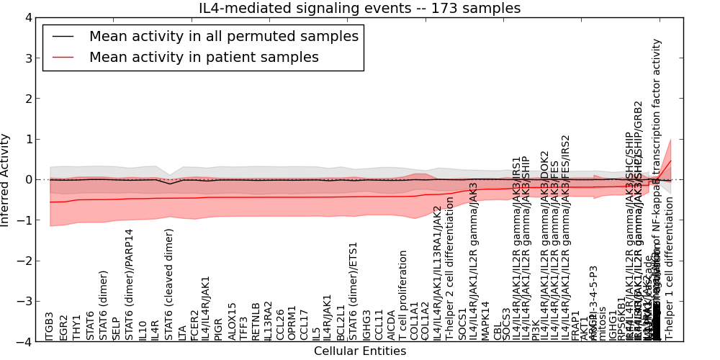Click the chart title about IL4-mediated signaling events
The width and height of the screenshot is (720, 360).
pyautogui.click(x=359, y=8)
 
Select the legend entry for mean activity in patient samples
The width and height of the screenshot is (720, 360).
pyautogui.click(x=204, y=57)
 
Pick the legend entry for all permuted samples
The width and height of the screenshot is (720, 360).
pyautogui.click(x=223, y=36)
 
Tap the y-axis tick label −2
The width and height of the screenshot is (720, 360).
pyautogui.click(x=25, y=261)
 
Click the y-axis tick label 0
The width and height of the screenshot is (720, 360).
pyautogui.click(x=28, y=179)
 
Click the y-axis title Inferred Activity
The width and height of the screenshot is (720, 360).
pyautogui.click(x=6, y=179)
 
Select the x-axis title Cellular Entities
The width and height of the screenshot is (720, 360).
pyautogui.click(x=359, y=351)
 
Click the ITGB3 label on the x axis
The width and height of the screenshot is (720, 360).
pyautogui.click(x=50, y=325)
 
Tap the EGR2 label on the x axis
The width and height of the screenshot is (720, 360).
pyautogui.click(x=63, y=327)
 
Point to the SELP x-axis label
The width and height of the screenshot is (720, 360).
pyautogui.click(x=116, y=328)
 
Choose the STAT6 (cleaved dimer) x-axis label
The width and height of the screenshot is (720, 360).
pyautogui.click(x=169, y=284)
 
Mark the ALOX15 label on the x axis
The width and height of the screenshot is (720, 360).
pyautogui.click(x=232, y=321)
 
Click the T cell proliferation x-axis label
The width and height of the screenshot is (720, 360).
pyautogui.click(x=403, y=295)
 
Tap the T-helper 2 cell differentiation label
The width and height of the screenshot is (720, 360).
pyautogui.click(x=449, y=269)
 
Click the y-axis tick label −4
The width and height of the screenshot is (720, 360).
pyautogui.click(x=25, y=342)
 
